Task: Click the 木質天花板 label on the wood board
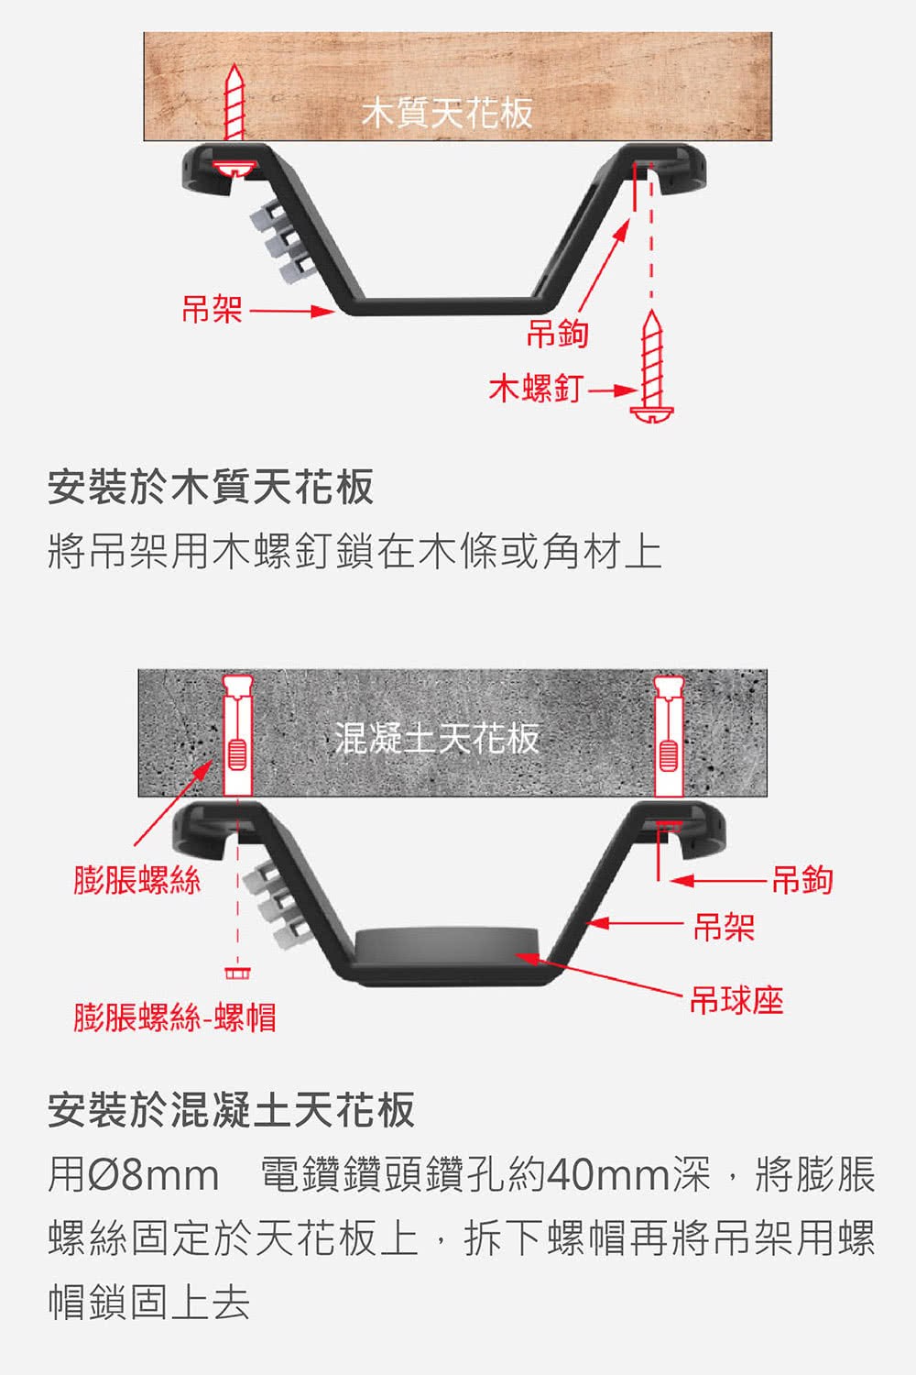[x=447, y=114]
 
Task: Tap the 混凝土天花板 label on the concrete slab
[x=437, y=738]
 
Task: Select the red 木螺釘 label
[x=535, y=388]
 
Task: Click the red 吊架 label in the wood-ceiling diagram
[x=213, y=309]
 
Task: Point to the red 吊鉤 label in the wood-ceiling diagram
[x=557, y=334]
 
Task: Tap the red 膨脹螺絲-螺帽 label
[x=175, y=1017]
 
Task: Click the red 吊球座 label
[x=736, y=1000]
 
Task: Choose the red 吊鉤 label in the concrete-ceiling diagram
[x=801, y=880]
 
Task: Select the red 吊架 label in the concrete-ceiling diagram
[x=724, y=926]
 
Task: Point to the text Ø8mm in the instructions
[x=153, y=1175]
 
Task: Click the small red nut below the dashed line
[x=237, y=973]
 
